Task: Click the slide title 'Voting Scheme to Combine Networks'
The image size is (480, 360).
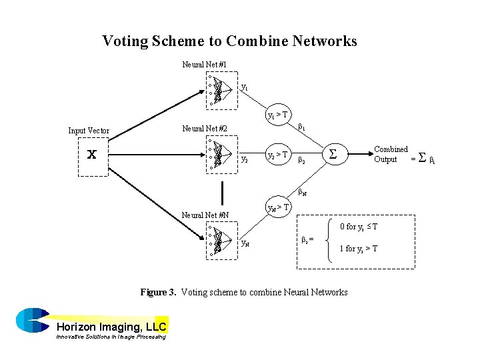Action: [229, 41]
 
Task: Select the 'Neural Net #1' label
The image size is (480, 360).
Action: [205, 65]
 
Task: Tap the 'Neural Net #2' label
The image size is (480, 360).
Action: [205, 129]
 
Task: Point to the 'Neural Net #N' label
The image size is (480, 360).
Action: [205, 215]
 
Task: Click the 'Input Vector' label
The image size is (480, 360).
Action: [89, 131]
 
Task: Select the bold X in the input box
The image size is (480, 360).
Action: [93, 155]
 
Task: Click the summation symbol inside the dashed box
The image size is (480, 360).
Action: [333, 155]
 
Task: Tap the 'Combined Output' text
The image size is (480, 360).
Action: [391, 154]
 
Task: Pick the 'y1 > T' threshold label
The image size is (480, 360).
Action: [277, 115]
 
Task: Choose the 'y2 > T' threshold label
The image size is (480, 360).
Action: [277, 155]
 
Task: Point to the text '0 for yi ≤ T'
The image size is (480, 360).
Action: [358, 227]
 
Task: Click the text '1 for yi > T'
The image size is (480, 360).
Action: [358, 249]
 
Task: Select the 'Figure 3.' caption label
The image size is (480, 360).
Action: [158, 292]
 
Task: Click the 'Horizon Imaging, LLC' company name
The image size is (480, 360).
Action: [111, 327]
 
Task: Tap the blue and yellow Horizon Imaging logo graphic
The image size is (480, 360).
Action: [31, 319]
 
